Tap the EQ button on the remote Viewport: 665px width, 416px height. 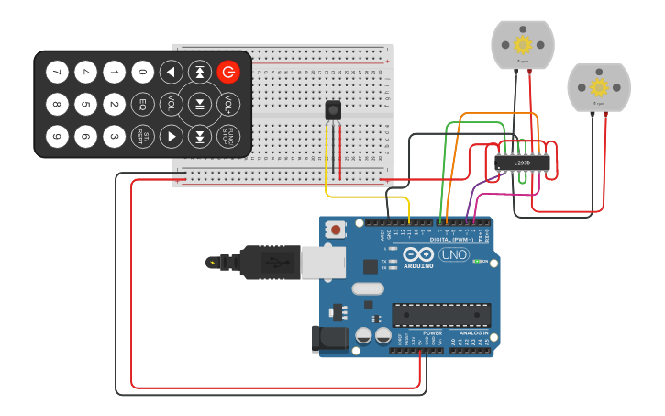coord(143,104)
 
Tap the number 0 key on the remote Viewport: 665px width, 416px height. coord(143,72)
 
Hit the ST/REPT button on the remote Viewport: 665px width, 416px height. coord(143,137)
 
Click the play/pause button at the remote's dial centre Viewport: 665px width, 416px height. coord(199,104)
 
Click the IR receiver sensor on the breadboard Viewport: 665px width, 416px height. coord(333,109)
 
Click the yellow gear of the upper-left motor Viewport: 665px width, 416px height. coord(523,44)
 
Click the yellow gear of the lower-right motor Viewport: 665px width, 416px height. coord(598,87)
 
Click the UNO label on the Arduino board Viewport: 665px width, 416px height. coord(454,254)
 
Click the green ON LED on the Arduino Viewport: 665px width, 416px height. coord(476,262)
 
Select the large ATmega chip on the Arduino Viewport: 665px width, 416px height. coord(440,315)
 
